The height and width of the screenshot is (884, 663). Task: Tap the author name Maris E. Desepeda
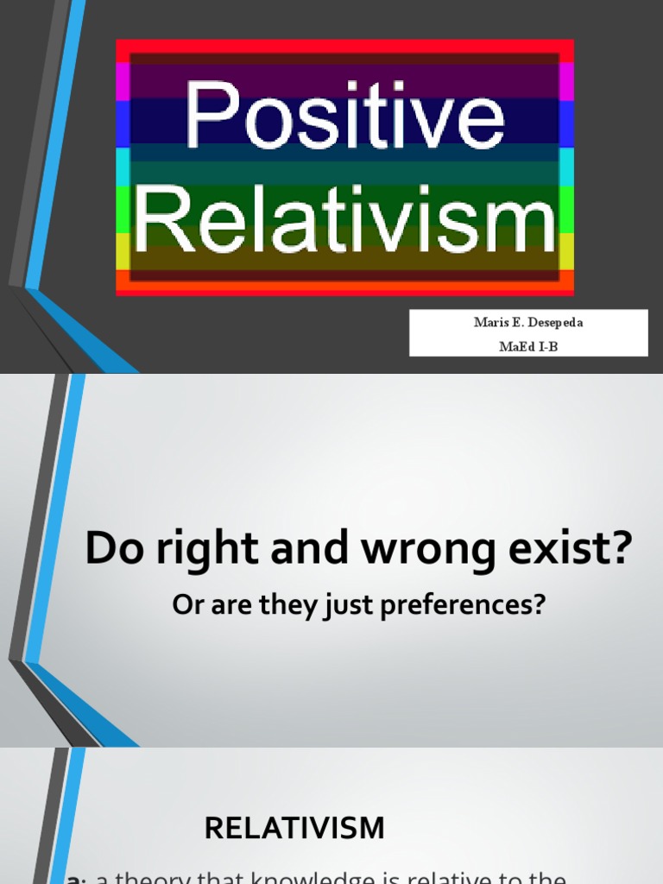[527, 323]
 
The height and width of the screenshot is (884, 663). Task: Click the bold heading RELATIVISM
[294, 828]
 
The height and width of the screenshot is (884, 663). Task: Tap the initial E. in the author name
[507, 323]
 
